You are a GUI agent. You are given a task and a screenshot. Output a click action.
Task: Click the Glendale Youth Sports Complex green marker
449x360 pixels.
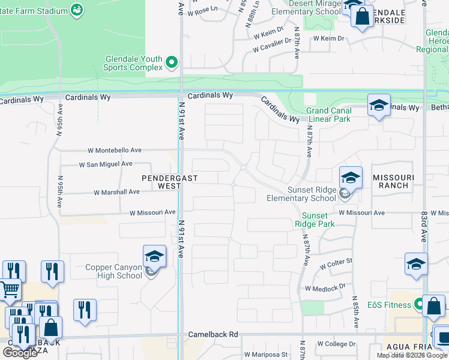point(172,62)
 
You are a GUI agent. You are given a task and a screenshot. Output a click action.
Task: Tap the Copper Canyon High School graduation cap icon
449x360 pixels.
point(154,257)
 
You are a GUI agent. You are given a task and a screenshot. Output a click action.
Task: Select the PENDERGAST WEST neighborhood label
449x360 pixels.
point(161,182)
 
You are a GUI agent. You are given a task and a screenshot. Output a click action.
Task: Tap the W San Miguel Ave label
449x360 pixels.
point(106,164)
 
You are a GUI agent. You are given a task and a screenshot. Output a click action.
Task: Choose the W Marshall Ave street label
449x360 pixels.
point(117,192)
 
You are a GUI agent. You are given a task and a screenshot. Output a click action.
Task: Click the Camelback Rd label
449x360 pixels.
point(214,334)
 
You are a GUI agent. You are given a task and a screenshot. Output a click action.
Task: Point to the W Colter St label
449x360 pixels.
point(336,265)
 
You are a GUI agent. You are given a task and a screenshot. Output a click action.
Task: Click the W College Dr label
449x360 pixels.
point(337,344)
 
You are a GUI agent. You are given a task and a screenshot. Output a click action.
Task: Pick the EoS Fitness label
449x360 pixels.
point(390,305)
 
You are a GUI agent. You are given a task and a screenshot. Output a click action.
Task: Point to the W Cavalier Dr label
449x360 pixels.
point(272,41)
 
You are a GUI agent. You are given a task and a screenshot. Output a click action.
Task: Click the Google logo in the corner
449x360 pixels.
point(20,353)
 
